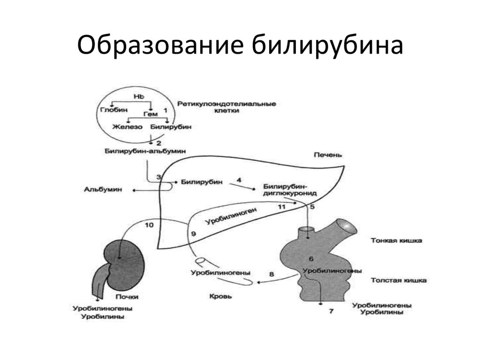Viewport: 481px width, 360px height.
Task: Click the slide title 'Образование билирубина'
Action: [240, 47]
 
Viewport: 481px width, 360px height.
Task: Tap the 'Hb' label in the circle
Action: [138, 96]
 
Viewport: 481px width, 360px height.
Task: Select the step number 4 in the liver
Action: [239, 180]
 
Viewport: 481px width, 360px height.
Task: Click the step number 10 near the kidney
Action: [149, 225]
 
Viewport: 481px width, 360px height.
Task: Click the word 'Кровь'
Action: [220, 297]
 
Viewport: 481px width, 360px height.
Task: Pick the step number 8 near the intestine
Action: [272, 273]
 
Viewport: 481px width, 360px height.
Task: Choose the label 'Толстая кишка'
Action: [398, 281]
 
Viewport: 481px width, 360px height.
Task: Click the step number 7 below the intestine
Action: [331, 310]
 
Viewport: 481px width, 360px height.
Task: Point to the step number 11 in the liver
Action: [281, 206]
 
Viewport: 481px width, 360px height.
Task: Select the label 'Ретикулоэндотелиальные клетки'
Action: [226, 107]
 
